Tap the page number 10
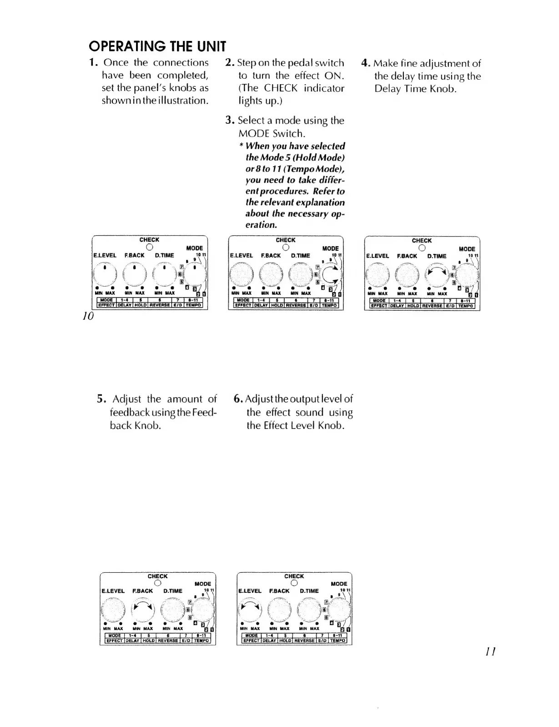tap(88, 316)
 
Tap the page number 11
tap(490, 651)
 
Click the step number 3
tap(229, 120)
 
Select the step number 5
tap(101, 399)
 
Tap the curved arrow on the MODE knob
tap(333, 275)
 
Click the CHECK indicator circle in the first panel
tap(149, 247)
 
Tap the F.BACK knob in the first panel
tap(135, 274)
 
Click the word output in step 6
tap(300, 399)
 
